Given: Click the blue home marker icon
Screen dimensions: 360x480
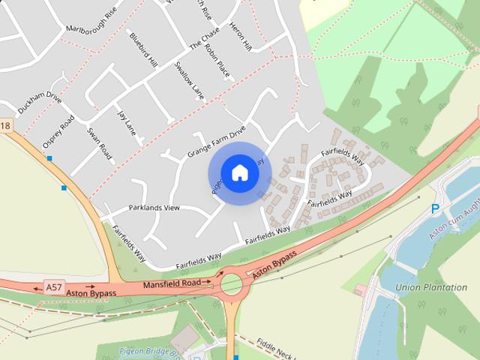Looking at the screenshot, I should coord(239,172).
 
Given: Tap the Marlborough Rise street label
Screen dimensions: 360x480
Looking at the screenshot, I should coord(92,21).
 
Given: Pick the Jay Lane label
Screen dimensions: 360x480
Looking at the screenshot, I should coord(125,121).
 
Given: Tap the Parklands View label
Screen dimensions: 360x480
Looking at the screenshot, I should coord(154,208).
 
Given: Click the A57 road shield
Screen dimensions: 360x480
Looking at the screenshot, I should coord(53,286).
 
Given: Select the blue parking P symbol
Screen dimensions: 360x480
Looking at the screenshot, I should coord(434,209).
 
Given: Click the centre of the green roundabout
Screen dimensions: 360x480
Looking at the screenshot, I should coord(232,285).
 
